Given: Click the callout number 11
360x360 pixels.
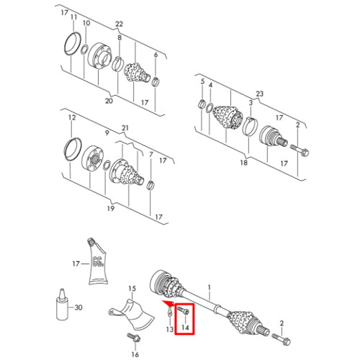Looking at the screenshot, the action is click(x=73, y=17).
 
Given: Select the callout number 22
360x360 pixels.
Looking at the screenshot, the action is click(x=119, y=24).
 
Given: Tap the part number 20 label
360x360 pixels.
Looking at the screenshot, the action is click(x=109, y=101).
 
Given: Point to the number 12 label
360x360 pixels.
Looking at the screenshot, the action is click(x=72, y=117).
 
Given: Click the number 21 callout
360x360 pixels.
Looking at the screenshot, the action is click(x=125, y=128).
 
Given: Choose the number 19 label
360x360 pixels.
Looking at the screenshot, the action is click(x=110, y=208).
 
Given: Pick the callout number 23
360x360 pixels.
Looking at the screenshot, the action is click(x=260, y=94).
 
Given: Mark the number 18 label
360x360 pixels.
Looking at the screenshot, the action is click(x=243, y=163).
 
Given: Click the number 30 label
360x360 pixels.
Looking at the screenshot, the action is click(x=78, y=307).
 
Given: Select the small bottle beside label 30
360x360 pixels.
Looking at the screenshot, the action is click(x=63, y=305).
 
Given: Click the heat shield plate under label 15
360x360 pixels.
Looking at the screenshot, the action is click(x=132, y=312).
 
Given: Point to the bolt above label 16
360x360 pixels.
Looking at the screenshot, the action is click(x=134, y=338).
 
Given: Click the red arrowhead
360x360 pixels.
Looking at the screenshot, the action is click(x=168, y=303).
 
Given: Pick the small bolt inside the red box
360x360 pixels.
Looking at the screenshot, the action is click(x=184, y=311).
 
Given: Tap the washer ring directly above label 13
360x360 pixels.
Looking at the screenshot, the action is click(x=169, y=312).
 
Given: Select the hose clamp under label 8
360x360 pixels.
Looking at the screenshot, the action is click(x=117, y=63).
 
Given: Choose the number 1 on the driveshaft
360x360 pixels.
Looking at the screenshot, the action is click(x=210, y=287).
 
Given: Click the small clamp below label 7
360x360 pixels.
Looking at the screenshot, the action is click(x=150, y=185).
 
